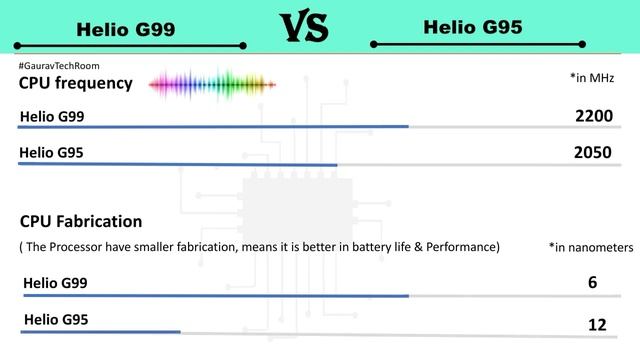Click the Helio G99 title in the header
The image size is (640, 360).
pos(126,29)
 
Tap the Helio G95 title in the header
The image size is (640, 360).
pos(473,27)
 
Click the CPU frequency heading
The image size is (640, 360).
pos(76,83)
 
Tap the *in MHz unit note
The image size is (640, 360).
pos(591,77)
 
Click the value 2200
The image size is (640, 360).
pos(593,117)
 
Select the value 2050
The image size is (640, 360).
pos(593,153)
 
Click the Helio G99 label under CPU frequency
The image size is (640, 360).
pos(51,117)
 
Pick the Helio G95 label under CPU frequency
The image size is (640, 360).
pos(51,153)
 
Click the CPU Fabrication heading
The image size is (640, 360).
pos(81,221)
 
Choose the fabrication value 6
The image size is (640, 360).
pos(593,283)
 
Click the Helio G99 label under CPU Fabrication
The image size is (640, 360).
pos(55,283)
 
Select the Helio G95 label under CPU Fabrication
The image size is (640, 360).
pos(55,319)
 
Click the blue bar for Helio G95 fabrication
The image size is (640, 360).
pos(101,331)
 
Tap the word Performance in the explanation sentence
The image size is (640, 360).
pos(465,246)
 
